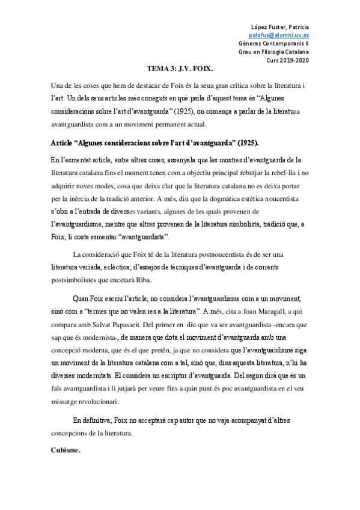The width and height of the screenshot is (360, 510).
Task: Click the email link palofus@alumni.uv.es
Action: [x=283, y=35]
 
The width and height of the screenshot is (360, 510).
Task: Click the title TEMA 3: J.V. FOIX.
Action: [x=180, y=69]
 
